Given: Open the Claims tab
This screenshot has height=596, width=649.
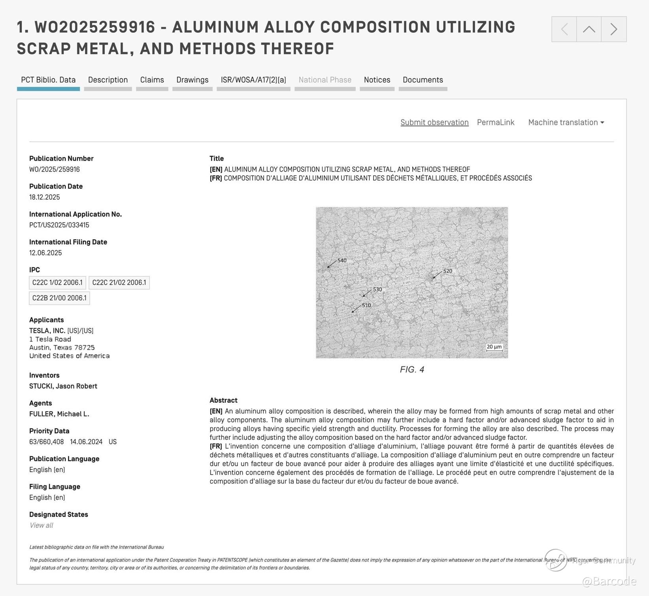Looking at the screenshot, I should point(152,80).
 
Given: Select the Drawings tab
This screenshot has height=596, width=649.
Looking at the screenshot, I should point(192,80).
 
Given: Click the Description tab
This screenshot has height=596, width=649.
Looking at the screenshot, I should point(108,80).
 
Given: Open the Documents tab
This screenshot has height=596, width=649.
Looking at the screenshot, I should point(423,80).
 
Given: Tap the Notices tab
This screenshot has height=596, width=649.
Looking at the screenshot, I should point(377,80).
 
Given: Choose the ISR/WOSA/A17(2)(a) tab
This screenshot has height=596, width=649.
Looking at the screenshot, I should point(253,80).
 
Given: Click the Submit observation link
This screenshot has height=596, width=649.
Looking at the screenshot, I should point(434,123).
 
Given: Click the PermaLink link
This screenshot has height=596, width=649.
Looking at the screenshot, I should point(496,123).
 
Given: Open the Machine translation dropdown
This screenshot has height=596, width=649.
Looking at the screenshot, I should point(566,123).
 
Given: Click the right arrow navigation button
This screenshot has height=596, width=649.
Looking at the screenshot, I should point(614,29).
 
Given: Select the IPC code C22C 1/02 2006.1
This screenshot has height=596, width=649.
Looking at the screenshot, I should point(57,283).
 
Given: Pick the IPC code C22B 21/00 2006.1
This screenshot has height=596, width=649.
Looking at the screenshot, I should point(59,298).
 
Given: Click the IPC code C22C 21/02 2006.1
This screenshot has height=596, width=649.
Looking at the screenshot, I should point(119,283).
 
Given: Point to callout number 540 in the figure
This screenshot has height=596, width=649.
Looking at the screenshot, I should point(342,261).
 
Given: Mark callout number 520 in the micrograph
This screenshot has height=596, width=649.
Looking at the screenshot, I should point(447,271).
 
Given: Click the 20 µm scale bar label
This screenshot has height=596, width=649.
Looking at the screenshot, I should point(494,347).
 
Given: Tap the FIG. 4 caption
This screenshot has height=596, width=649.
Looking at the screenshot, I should point(412,369).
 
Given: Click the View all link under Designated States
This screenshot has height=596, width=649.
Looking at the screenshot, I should point(41,525).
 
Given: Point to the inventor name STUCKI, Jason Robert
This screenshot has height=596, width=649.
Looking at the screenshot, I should point(63,386).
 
